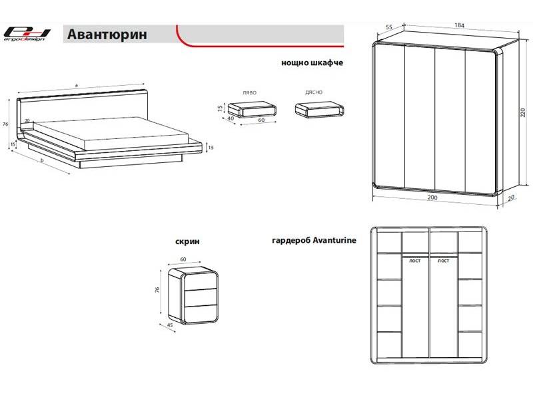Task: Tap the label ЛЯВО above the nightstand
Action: [x=250, y=92]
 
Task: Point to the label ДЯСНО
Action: [x=314, y=92]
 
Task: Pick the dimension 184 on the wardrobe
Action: [x=458, y=25]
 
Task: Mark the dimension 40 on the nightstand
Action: [x=230, y=118]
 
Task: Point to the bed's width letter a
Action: [x=77, y=85]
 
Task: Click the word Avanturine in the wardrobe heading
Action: [x=334, y=241]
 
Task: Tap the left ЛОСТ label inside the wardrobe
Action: [x=415, y=261]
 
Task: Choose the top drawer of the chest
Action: [x=202, y=281]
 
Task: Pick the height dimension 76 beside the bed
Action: [x=5, y=124]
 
